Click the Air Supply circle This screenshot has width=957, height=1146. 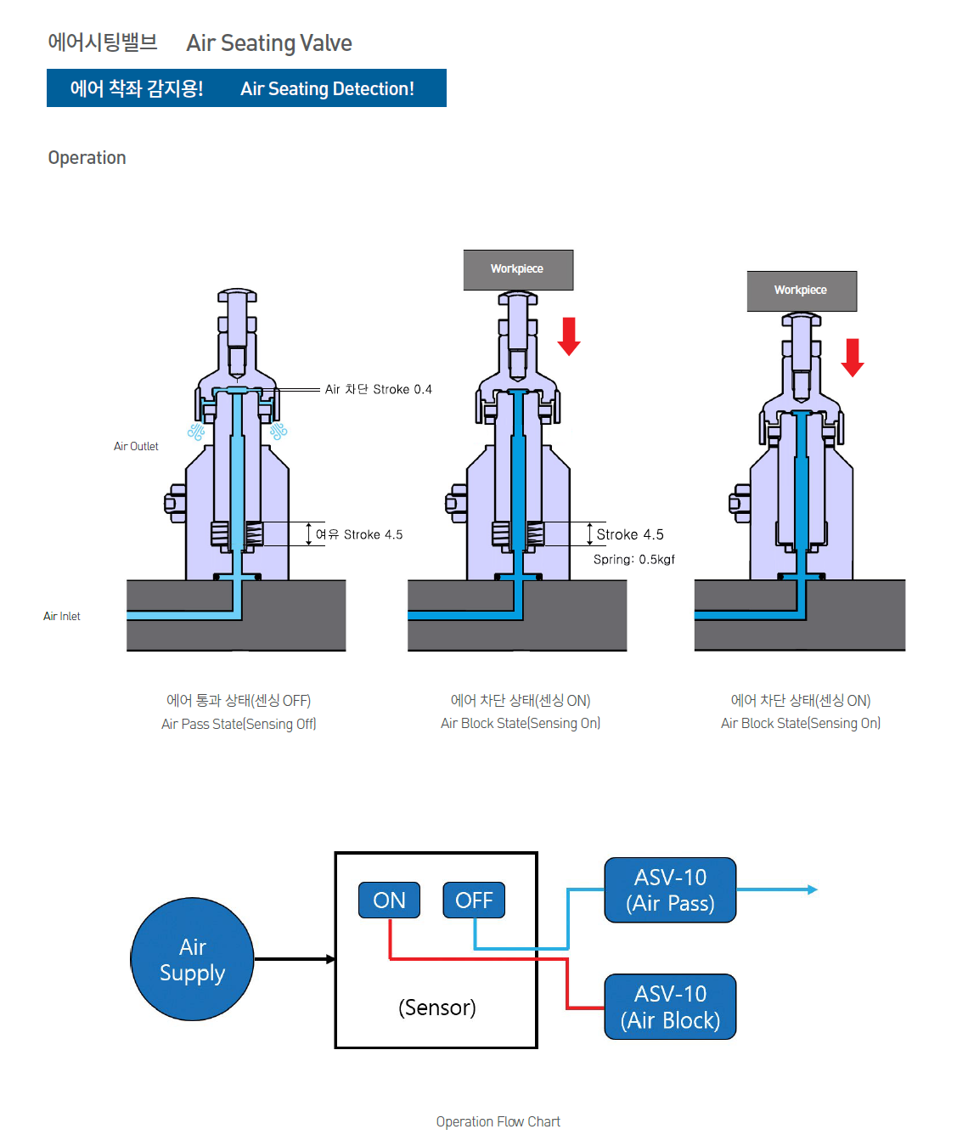point(192,959)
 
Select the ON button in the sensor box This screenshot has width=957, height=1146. point(389,900)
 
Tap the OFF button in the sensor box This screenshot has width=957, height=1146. point(474,900)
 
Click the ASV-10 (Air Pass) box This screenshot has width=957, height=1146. point(670,890)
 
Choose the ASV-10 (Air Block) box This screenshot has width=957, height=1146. point(670,1007)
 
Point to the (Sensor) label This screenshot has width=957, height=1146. point(436,1008)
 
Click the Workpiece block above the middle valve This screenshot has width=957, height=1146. point(518,269)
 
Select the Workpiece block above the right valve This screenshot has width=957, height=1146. point(802,291)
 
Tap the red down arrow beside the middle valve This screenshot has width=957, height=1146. point(569,336)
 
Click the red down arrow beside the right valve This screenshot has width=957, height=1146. point(853,357)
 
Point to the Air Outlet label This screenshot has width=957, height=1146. point(136,446)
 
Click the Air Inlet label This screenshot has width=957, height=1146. point(62,616)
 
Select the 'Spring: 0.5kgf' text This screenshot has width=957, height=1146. point(633,559)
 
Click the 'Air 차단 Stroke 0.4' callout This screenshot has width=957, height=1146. point(378,389)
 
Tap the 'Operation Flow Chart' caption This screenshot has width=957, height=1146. point(498,1121)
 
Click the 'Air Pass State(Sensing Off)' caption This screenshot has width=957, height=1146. point(239,724)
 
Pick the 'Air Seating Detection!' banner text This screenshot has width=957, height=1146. point(327,88)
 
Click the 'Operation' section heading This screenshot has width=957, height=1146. point(87,158)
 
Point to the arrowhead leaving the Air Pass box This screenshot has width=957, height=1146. point(813,889)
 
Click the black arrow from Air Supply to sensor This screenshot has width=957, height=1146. point(294,959)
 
